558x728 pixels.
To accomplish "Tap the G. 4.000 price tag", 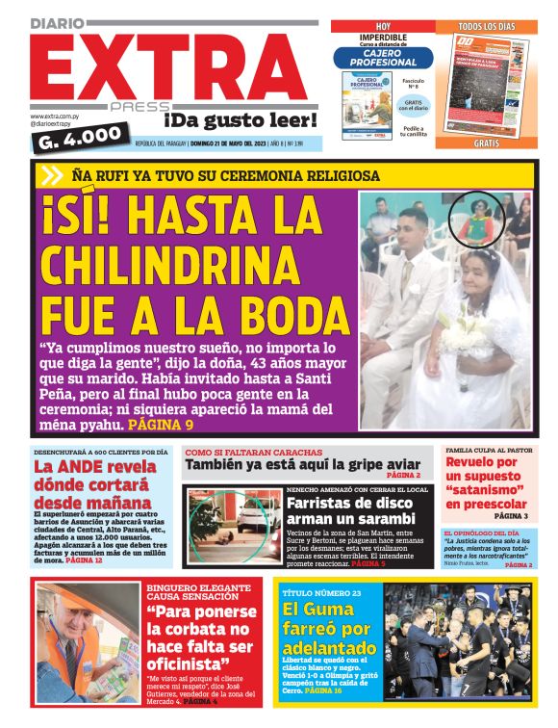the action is tap(80, 136).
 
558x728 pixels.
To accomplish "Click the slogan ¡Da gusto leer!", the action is tap(240, 120).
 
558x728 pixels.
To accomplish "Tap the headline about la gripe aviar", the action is tap(303, 464).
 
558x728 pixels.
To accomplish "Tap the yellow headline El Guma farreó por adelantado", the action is tap(329, 628).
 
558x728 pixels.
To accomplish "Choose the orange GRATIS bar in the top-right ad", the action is tap(486, 143).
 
